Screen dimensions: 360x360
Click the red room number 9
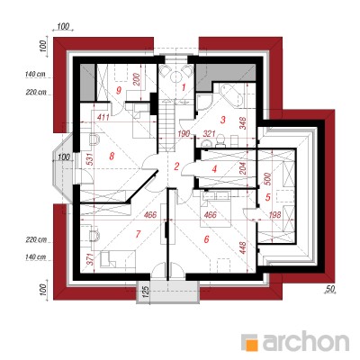tap(119, 91)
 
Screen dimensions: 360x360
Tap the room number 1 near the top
tap(184, 87)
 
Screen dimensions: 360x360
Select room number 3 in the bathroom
tap(222, 120)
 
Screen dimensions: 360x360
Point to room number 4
tap(214, 169)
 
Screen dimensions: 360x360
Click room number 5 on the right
tap(268, 197)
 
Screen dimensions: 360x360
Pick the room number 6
tap(206, 239)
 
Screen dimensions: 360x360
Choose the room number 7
tap(138, 234)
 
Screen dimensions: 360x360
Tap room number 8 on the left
tap(112, 156)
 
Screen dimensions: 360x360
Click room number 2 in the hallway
tap(176, 166)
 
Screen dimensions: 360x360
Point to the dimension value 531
tap(90, 159)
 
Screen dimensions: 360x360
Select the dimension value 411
tap(103, 118)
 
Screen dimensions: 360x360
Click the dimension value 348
tap(243, 123)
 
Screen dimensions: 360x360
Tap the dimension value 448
tap(243, 247)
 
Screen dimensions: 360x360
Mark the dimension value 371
tap(90, 259)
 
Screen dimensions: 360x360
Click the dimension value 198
tap(275, 214)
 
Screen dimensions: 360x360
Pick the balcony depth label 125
tap(145, 292)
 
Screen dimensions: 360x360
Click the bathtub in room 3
tap(230, 94)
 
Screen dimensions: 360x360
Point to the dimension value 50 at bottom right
tap(329, 289)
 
